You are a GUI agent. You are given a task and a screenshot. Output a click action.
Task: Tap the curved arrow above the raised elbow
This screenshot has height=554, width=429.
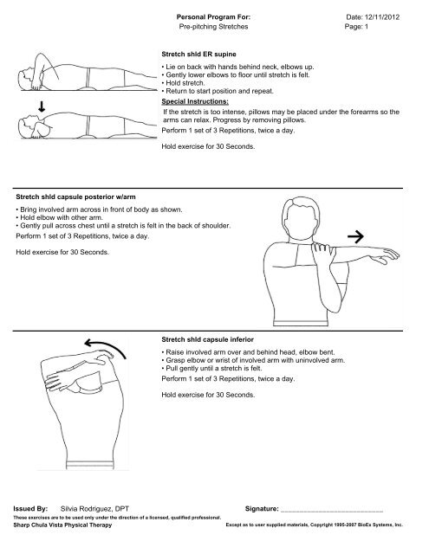click(x=93, y=348)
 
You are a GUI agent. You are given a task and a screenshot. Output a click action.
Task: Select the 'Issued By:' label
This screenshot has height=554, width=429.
click(x=32, y=512)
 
